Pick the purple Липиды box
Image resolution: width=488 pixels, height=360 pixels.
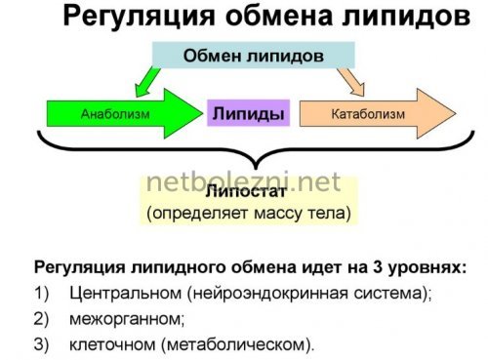pos(249,114)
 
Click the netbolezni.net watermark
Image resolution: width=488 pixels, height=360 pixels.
pos(244,182)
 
